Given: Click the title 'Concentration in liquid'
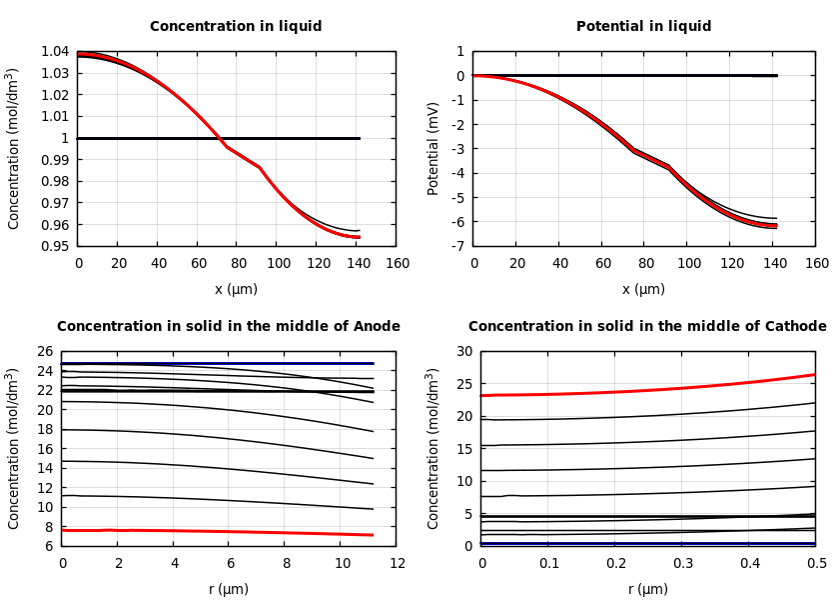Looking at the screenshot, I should click(x=236, y=27).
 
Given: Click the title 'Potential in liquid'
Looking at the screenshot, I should click(x=643, y=27).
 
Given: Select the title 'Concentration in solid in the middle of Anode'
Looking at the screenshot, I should click(x=229, y=327).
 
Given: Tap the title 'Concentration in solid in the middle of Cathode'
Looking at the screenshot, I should click(x=647, y=327).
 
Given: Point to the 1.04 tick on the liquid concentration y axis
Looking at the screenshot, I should click(x=56, y=52).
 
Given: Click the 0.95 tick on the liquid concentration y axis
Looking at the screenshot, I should click(x=56, y=246).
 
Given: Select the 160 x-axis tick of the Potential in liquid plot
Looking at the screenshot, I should click(x=816, y=264).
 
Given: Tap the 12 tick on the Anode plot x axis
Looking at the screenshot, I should click(x=397, y=564).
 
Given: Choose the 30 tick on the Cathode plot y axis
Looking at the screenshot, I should click(x=462, y=352).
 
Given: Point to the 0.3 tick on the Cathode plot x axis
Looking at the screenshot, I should click(x=682, y=564).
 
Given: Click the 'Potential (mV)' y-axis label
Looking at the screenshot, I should click(x=433, y=148).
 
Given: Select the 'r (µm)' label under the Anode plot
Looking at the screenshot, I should click(x=229, y=590).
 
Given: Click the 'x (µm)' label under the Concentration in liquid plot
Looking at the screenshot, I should click(x=237, y=290).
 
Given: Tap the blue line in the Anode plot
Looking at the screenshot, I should click(x=220, y=364).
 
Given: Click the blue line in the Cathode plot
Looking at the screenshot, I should click(x=649, y=543).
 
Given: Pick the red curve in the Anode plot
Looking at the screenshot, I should click(x=220, y=531).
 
